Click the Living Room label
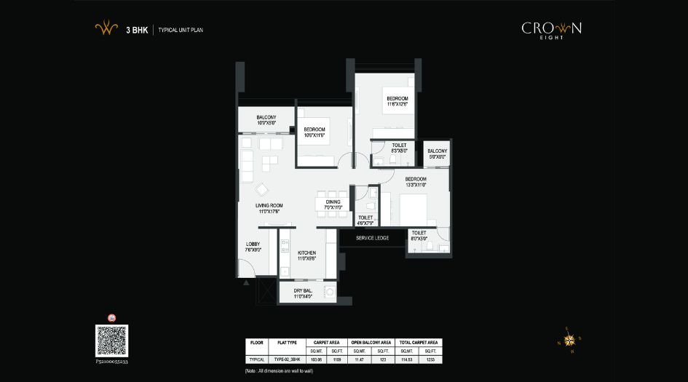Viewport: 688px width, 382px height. [269, 208]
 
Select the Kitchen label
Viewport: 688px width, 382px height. [307, 255]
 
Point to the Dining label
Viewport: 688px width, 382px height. [333, 204]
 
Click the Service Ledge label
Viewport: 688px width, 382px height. [372, 238]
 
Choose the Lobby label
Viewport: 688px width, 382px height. [253, 247]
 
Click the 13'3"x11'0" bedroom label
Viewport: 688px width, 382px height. [416, 182]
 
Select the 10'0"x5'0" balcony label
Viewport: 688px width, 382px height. [266, 120]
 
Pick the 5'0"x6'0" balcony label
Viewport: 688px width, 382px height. [438, 154]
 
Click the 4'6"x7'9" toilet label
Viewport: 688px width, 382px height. [365, 220]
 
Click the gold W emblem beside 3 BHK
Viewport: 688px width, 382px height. [106, 30]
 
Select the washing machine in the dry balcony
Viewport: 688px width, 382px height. [331, 293]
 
